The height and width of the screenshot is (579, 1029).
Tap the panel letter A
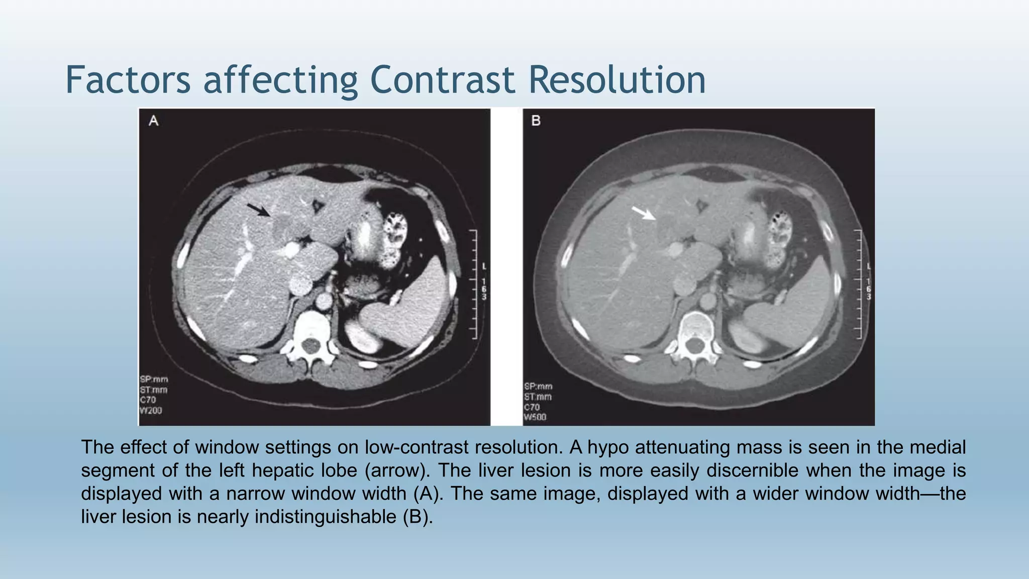coord(154,121)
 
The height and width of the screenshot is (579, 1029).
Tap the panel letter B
coord(536,121)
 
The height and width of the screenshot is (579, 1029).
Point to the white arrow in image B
coord(644,213)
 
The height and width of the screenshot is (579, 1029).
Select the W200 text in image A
coord(151,411)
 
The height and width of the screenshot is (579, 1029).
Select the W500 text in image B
coord(535,417)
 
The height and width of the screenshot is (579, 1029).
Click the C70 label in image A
coord(149,400)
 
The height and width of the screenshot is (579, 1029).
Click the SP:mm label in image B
coord(538,386)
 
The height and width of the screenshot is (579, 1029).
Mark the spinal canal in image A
coord(312,346)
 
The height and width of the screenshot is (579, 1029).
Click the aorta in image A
coord(324,302)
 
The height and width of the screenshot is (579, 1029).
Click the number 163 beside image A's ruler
coord(484,289)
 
